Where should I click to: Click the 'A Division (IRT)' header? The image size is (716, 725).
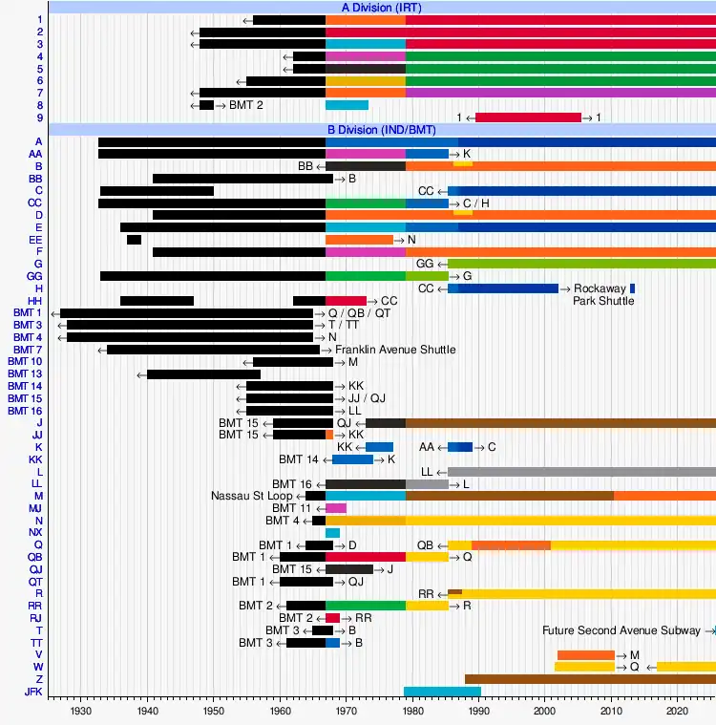381,8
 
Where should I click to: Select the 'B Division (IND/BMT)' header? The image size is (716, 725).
381,130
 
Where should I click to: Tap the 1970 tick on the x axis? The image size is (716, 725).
346,712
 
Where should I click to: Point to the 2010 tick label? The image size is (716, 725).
611,712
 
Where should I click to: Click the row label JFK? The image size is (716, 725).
33,692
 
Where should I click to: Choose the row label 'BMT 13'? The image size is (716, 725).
25,373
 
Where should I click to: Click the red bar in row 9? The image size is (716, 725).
528,117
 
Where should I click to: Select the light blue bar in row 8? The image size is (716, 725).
347,105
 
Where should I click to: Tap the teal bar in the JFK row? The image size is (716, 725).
442,692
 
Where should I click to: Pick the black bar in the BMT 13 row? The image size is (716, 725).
203,373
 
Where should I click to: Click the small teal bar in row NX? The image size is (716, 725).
332,533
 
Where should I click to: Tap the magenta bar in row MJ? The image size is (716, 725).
336,508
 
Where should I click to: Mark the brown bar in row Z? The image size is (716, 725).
590,679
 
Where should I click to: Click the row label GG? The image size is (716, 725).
35,275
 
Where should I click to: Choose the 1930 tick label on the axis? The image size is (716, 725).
81,712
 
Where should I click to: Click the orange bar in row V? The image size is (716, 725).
585,654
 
